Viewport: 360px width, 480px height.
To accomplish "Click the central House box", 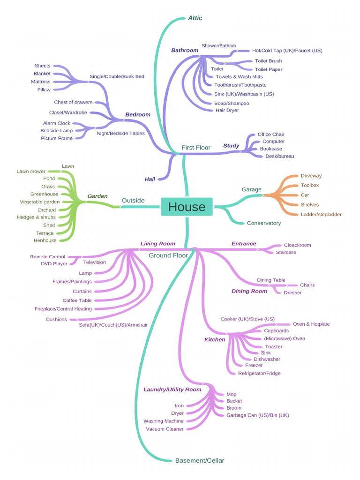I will (x=187, y=207).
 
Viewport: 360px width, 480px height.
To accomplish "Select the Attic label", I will (x=195, y=18).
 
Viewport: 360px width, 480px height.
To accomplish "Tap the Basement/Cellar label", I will (x=200, y=460).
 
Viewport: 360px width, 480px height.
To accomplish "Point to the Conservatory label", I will (x=264, y=223).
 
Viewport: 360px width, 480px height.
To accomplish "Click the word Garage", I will (x=251, y=189).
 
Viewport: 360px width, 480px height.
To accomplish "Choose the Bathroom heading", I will (x=185, y=50).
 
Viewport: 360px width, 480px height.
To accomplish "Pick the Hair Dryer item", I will (x=227, y=110).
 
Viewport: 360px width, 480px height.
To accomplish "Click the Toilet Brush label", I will (x=268, y=61).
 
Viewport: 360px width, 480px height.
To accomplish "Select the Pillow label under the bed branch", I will (x=44, y=90).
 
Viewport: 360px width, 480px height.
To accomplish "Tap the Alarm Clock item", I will (x=56, y=123).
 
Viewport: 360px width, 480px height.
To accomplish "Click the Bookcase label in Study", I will (x=271, y=149).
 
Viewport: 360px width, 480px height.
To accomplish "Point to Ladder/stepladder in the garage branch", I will (x=321, y=214).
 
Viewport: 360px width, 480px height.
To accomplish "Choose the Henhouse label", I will (x=45, y=240).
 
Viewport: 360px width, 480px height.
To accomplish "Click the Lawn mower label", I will (x=31, y=172).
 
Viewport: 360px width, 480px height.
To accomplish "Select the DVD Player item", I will (x=54, y=264).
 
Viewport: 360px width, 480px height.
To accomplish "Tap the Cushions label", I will (x=56, y=319).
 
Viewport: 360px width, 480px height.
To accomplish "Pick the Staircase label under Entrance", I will (x=285, y=252).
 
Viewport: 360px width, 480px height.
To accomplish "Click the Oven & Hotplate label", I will (x=311, y=324).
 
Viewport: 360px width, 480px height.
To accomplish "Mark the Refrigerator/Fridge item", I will (x=259, y=373).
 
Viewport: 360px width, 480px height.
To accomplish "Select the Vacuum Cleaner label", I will (x=165, y=429).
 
